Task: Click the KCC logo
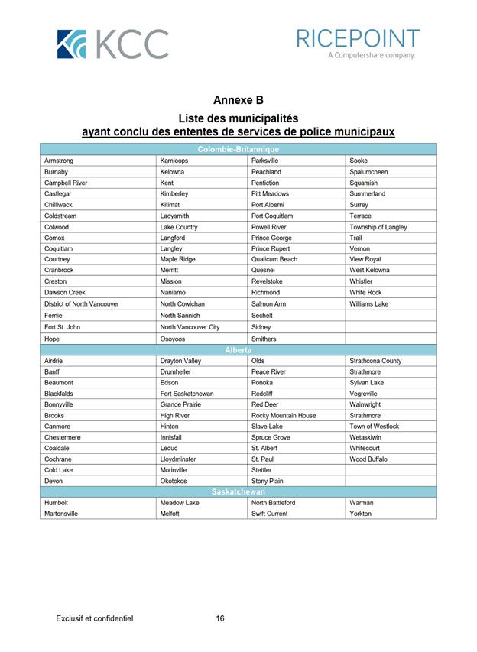(x=112, y=44)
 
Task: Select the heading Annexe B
(x=238, y=100)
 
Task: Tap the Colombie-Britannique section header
(x=238, y=149)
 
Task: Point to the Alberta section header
(x=238, y=349)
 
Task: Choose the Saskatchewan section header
(x=238, y=491)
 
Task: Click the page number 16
(x=220, y=618)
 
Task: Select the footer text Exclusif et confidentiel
(x=95, y=618)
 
